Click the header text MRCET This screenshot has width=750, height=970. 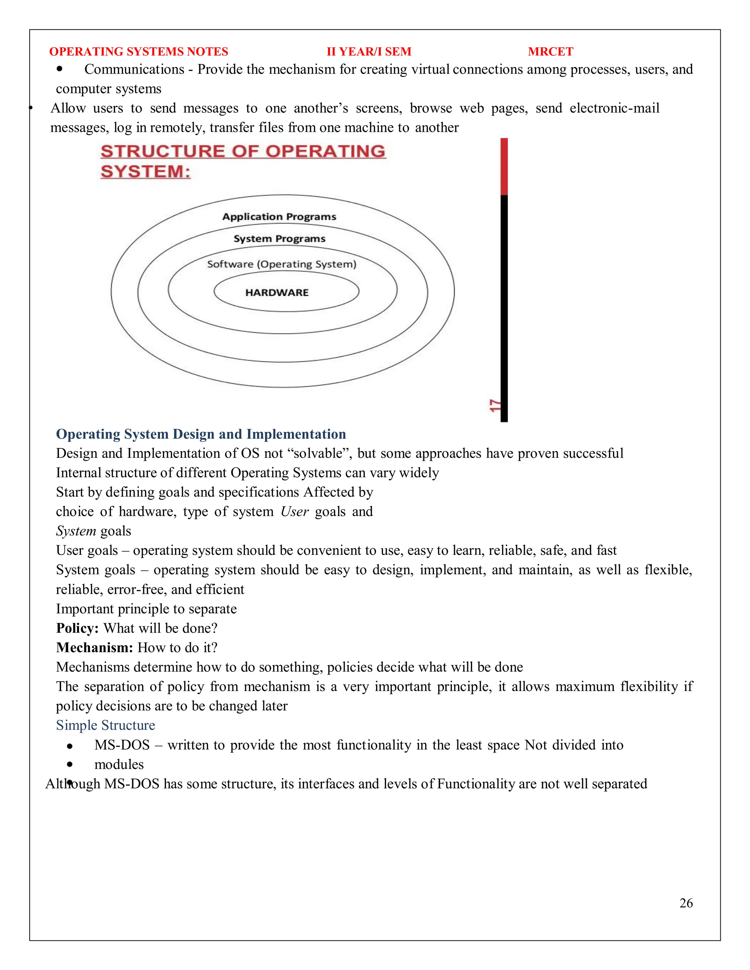(550, 52)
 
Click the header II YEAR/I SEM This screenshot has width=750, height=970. (369, 52)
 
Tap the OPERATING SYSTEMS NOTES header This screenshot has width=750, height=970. (139, 52)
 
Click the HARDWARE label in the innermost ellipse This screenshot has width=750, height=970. (277, 292)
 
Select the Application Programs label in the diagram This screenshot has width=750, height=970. (279, 217)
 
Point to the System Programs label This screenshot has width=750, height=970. (279, 239)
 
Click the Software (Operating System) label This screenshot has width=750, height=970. (282, 264)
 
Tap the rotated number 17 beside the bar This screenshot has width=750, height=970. (494, 405)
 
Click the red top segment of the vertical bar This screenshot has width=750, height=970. (504, 167)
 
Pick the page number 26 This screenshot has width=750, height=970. (686, 903)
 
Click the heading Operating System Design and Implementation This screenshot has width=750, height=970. (201, 434)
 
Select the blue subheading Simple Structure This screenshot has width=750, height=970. (105, 725)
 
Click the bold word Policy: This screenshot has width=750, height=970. (77, 628)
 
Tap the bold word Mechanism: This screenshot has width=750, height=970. (94, 648)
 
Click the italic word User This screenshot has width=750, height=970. (294, 512)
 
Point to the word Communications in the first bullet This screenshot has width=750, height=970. (134, 69)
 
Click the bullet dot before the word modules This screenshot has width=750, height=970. (70, 764)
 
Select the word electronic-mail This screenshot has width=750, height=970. (614, 108)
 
